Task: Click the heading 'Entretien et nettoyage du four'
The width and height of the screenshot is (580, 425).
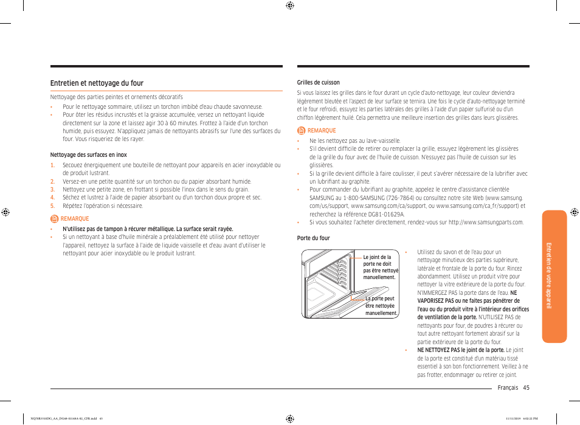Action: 97,83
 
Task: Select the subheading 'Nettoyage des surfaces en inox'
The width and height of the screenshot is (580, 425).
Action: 88,155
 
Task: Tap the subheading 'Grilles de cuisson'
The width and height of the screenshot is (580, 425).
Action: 318,83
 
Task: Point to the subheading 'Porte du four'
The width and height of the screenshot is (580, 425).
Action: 313,238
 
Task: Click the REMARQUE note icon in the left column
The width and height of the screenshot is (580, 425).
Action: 54,219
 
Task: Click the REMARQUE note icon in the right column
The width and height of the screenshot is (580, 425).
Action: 301,131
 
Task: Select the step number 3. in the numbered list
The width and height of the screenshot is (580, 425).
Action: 52,190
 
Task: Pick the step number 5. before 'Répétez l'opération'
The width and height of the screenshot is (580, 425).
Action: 52,206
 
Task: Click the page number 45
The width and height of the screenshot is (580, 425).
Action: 526,388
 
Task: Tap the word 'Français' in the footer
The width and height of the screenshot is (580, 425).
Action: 508,388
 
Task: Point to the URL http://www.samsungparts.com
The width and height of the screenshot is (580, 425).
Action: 485,223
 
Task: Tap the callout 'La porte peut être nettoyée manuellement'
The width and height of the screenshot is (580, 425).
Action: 381,306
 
